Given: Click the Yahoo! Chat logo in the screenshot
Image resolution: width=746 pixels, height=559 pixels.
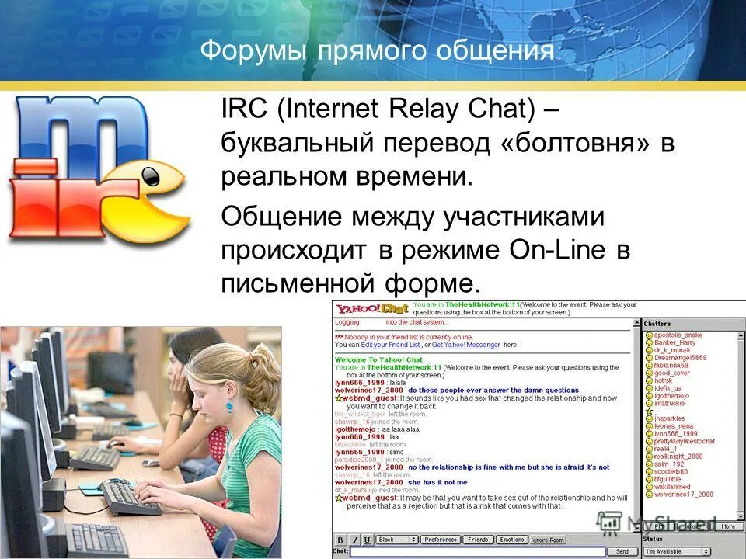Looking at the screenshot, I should click(x=371, y=309).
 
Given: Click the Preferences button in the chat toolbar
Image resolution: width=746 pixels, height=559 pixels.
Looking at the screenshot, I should click(x=441, y=539).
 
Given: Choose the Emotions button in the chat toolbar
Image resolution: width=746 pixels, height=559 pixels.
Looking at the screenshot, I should click(x=511, y=539).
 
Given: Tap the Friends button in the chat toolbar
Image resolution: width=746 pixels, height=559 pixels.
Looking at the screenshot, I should click(x=478, y=539).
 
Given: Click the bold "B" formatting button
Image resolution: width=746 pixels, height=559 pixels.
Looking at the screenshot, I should click(x=340, y=539).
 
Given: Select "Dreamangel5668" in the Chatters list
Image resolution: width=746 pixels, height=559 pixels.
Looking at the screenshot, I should click(x=681, y=358).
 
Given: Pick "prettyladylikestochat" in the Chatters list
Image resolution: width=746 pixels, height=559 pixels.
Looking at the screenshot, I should click(x=684, y=441).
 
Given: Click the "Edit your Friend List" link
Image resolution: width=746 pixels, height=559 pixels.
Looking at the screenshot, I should click(x=385, y=345).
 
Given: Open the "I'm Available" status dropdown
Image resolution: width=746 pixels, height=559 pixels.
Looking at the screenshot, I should click(x=676, y=551).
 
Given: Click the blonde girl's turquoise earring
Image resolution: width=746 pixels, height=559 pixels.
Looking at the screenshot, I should click(x=230, y=405).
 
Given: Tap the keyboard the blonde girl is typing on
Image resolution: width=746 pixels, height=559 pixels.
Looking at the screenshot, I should click(x=132, y=497).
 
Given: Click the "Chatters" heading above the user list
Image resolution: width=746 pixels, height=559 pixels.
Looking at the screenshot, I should click(x=657, y=324).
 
